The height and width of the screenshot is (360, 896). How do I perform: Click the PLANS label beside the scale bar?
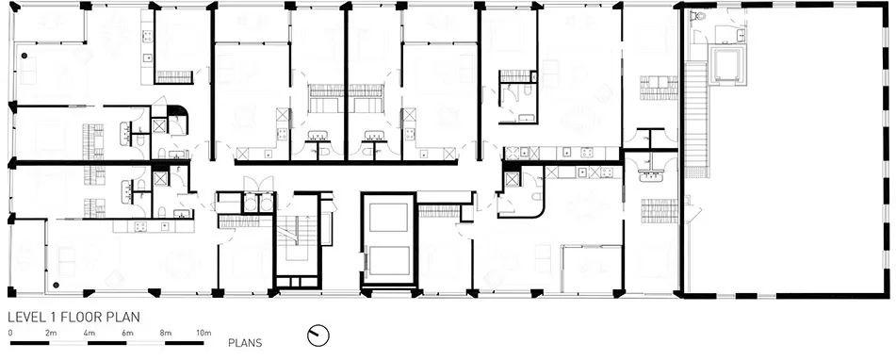[245, 343]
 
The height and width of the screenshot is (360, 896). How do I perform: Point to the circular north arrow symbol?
[318, 335]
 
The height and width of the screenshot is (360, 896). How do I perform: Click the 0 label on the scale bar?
[10, 333]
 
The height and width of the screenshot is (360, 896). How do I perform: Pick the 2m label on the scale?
[50, 333]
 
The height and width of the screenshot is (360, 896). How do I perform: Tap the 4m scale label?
[89, 333]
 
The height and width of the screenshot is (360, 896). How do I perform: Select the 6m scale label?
[127, 333]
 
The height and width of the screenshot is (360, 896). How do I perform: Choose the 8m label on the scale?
[165, 333]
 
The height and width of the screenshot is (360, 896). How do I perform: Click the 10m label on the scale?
[204, 333]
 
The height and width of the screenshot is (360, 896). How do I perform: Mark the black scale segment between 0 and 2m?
[30, 343]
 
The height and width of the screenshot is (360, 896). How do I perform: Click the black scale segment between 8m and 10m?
[185, 343]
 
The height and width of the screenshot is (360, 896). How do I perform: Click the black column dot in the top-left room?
[24, 56]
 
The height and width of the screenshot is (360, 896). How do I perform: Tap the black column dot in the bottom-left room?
[56, 284]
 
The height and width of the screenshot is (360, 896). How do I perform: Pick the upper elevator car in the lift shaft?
[388, 218]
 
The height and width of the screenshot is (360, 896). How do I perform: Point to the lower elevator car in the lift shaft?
[389, 260]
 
